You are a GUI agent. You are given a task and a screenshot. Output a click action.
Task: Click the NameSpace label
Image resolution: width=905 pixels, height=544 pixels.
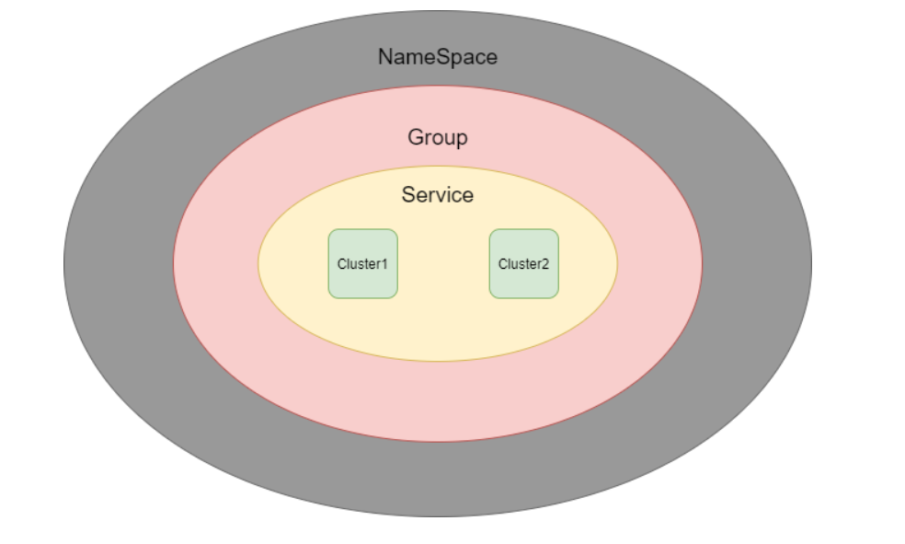pos(438,56)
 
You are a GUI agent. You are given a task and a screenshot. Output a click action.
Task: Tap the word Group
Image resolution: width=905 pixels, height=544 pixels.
pos(438,137)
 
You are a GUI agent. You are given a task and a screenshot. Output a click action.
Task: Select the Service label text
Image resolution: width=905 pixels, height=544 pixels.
pos(438,194)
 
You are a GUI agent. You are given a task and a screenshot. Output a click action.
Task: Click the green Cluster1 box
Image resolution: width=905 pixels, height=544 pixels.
pos(363,264)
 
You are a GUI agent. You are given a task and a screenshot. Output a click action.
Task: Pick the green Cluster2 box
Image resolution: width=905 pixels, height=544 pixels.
pos(524,264)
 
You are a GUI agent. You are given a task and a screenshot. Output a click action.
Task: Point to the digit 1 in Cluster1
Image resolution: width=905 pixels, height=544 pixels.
pos(384,264)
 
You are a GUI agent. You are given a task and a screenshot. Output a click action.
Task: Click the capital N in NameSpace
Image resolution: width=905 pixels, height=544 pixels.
pos(385,56)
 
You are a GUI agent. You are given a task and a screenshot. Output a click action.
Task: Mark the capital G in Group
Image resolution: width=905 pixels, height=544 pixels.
pos(416,137)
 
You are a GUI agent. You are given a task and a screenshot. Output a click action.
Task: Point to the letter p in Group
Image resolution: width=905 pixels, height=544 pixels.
pos(462,140)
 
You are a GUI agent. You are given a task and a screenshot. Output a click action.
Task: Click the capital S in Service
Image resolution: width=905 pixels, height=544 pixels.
pos(409,194)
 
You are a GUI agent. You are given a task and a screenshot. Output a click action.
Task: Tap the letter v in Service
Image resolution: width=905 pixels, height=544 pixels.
pos(441,197)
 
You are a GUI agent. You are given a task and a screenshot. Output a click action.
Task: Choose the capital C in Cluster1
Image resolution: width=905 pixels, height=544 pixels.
pos(342,264)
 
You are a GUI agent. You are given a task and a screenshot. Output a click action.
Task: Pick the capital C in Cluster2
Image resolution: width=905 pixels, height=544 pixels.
pos(503,264)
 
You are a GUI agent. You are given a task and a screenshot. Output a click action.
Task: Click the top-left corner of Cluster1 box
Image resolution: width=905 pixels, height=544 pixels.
pos(328,229)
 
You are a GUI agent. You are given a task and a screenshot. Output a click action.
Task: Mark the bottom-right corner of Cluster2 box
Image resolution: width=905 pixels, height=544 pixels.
pos(558,298)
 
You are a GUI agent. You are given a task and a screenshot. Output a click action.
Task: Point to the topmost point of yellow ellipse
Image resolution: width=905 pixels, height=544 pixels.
pos(438,167)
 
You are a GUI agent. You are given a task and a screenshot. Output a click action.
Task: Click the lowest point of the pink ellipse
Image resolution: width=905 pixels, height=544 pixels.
pos(438,442)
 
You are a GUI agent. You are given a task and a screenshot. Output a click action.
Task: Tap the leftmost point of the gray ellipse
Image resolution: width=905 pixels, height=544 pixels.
pos(63,264)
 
